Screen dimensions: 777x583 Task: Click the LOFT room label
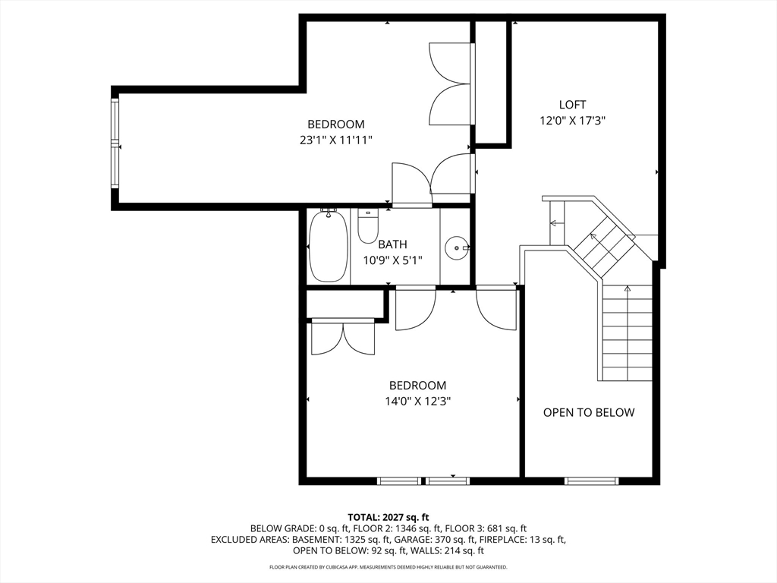tap(572, 105)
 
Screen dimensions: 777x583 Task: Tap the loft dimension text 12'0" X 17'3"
tap(572, 121)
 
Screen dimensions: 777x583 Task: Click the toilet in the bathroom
tap(368, 226)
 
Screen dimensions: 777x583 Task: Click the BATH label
tap(392, 244)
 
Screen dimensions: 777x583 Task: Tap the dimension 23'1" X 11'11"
tap(336, 140)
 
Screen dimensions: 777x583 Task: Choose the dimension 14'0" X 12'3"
tap(418, 401)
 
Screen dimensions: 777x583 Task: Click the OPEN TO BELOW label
tap(589, 412)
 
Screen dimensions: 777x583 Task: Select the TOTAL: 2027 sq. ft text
tap(388, 518)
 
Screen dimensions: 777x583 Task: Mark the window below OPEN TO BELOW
tap(592, 481)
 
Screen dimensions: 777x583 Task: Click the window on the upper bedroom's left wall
tap(115, 143)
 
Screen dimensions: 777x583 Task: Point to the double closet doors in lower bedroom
tap(343, 339)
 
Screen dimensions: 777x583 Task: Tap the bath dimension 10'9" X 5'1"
tap(392, 260)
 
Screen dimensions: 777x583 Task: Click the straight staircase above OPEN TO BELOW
tap(628, 333)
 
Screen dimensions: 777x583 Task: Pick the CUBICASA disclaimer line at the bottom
tap(388, 567)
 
